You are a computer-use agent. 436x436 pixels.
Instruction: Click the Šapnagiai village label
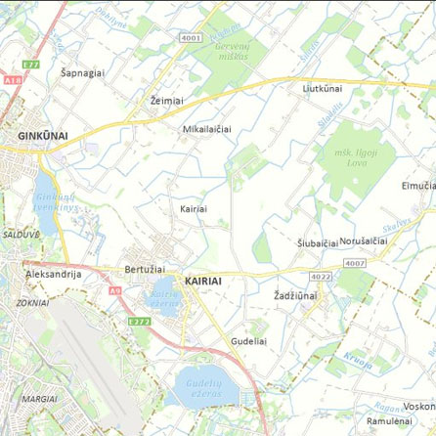[82, 72]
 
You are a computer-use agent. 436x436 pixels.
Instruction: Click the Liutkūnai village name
[323, 88]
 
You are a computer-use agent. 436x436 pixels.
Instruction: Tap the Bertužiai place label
[145, 268]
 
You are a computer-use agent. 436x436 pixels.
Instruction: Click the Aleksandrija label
[53, 275]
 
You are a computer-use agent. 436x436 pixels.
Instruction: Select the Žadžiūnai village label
[295, 294]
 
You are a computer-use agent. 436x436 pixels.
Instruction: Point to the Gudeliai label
[248, 341]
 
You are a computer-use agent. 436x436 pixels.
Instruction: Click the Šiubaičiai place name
[317, 241]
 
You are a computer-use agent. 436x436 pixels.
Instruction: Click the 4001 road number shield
[191, 38]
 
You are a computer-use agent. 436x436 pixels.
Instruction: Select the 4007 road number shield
[355, 263]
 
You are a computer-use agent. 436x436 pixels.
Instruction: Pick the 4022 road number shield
[322, 277]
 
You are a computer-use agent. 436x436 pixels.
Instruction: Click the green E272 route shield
[141, 321]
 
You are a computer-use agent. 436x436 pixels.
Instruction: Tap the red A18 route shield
[12, 79]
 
